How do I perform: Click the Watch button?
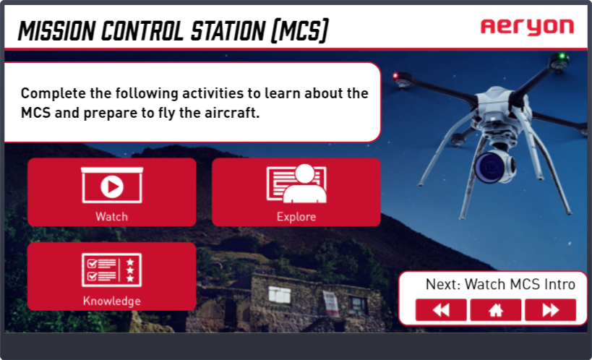click(112, 192)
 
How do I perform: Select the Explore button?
click(296, 192)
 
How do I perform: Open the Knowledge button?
click(112, 276)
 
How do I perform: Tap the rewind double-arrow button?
click(441, 310)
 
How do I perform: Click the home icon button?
click(496, 310)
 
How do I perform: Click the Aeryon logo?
click(527, 27)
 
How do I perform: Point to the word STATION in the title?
click(228, 30)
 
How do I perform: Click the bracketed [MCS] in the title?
click(300, 30)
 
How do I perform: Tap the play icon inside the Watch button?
click(112, 187)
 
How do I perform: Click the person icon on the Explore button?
click(305, 184)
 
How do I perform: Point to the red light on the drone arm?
click(395, 76)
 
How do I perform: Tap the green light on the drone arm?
click(562, 56)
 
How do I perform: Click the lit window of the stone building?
click(280, 294)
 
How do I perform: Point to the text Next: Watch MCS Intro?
click(500, 284)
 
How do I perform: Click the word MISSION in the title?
click(56, 30)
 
